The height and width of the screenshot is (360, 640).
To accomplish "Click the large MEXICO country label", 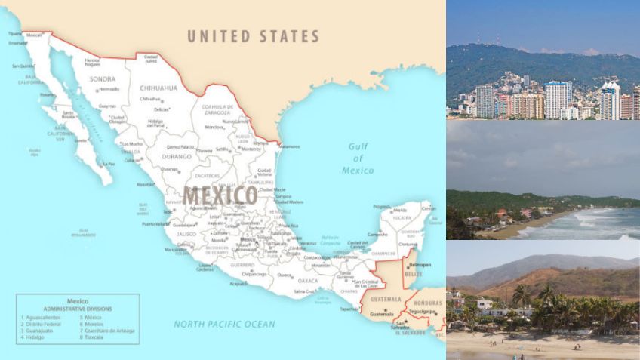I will pos(220,195).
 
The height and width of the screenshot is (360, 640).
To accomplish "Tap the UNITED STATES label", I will pos(253,36).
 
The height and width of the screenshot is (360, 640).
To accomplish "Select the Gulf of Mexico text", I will pos(358,158).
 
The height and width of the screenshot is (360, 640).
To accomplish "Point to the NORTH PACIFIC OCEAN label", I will pos(224,324).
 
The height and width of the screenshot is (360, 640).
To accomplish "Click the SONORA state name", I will pos(103,79).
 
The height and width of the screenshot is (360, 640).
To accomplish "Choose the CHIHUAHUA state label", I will pos(158,88).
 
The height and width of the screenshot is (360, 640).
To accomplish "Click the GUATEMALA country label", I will pos(386,299).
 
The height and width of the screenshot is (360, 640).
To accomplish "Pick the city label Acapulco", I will pos(238,284).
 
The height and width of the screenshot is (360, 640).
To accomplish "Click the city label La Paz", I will pos(109,163).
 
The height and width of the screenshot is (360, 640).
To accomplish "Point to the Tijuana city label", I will pos(14,35).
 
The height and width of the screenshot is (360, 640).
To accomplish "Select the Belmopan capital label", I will pos(419,265).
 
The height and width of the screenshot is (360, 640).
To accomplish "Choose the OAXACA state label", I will pos(308,281).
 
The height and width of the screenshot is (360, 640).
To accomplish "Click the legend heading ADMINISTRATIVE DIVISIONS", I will pos(78,309).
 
